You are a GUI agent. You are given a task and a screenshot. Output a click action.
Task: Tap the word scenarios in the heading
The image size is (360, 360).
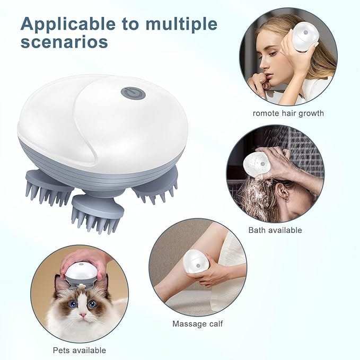tap(64, 41)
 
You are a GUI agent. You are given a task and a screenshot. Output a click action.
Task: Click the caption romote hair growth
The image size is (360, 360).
tap(288, 113)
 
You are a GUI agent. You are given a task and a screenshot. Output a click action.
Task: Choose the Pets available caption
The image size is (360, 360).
tap(79, 350)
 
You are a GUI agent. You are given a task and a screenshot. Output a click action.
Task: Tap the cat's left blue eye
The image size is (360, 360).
tap(72, 304)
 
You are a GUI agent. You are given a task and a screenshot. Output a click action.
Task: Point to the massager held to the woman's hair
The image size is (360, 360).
tap(306, 36)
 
